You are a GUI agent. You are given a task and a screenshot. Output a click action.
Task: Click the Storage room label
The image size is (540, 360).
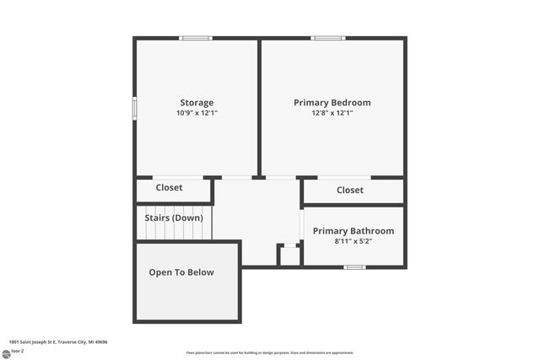click(196, 103)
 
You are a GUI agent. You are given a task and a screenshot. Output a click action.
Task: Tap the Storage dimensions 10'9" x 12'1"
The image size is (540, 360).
click(196, 113)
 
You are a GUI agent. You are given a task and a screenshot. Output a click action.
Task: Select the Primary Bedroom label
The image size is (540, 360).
click(332, 103)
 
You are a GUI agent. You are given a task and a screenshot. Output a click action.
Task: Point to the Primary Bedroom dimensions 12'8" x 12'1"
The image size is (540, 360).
click(332, 113)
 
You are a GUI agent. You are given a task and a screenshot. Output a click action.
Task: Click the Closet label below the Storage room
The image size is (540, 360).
click(169, 188)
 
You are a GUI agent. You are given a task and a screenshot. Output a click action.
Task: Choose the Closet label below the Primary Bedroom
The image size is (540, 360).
click(350, 191)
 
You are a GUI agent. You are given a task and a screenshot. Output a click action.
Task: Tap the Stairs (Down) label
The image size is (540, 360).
click(174, 218)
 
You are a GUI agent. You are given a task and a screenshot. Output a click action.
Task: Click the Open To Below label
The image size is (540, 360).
click(181, 272)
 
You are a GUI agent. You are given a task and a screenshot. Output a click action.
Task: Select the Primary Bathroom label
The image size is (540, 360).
click(354, 231)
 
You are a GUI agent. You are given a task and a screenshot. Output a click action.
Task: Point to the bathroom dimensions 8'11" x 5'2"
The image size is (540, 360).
click(354, 241)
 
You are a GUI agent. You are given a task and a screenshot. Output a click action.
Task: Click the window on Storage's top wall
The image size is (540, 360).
click(196, 38)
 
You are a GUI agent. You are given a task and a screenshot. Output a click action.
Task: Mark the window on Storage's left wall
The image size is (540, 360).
click(135, 109)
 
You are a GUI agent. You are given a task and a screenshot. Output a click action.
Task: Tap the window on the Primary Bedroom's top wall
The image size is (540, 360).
click(327, 38)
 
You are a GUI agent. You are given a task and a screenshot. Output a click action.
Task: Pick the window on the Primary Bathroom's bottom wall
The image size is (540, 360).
click(354, 267)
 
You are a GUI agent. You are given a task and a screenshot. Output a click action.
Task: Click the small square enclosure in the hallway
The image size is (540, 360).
click(289, 255)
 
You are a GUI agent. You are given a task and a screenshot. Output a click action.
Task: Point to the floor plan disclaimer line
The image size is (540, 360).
click(269, 352)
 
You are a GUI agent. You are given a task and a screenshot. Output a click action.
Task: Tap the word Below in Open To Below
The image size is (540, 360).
click(200, 272)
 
